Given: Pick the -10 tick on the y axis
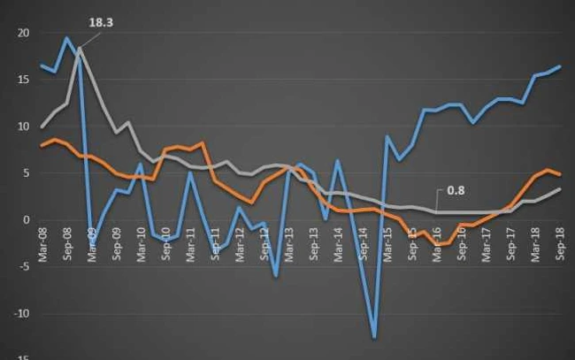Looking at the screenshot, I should [x=22, y=314].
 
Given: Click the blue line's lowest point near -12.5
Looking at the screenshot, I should [x=374, y=337].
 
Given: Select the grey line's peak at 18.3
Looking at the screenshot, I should [x=80, y=49].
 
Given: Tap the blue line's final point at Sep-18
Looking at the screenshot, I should [x=559, y=66].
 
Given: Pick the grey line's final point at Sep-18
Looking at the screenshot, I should [x=559, y=189].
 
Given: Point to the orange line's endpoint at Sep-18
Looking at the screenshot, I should [x=559, y=174].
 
